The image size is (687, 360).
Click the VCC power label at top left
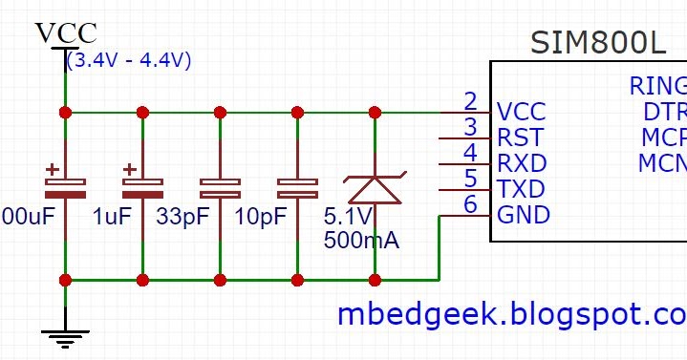(x=65, y=32)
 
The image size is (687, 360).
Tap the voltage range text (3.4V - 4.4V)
(x=129, y=60)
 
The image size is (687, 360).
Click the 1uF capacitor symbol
(x=142, y=182)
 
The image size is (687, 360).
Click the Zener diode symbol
(x=375, y=186)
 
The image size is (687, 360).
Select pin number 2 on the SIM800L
(x=469, y=100)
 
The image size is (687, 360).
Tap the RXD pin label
(x=522, y=162)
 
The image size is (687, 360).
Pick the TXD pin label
(x=521, y=188)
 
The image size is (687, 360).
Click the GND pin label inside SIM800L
(x=524, y=215)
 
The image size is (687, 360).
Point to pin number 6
(x=469, y=204)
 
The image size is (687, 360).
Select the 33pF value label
(x=182, y=217)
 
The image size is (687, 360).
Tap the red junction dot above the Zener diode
(x=375, y=113)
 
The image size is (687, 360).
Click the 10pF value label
(x=259, y=217)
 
